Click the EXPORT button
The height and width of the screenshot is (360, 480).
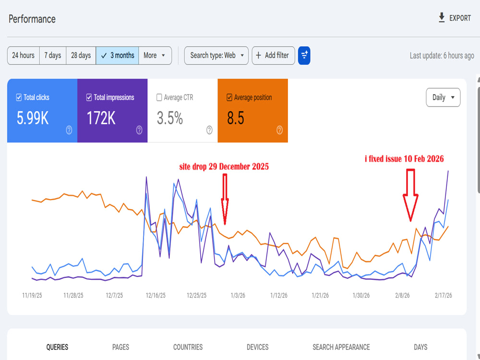coord(455,18)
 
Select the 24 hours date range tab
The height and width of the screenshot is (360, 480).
coord(23,55)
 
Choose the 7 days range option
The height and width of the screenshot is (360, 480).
coord(53,55)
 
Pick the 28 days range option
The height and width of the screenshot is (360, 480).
coord(81,55)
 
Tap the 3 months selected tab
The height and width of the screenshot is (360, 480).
coord(117,55)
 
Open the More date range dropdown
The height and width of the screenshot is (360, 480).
coord(155,55)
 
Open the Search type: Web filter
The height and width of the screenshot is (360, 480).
coord(216,55)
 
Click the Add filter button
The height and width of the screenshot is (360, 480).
coord(274,55)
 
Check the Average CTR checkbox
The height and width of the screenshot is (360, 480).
coord(159,97)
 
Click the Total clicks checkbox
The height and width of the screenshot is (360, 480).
coord(19,97)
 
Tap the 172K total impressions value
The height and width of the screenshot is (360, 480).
coord(101,118)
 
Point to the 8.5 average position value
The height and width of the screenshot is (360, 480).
coord(236,118)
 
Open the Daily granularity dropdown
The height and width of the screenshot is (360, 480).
coord(443,97)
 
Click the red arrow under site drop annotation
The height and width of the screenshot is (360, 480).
coord(225,199)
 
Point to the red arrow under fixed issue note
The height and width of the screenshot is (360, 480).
coord(410,195)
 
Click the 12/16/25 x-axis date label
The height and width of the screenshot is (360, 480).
coord(156,295)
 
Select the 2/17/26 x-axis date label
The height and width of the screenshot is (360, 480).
coord(443,295)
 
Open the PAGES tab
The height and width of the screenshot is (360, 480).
coord(120,347)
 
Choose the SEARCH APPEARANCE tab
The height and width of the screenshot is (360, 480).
coord(341,347)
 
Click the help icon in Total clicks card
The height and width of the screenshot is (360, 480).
coord(69,130)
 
